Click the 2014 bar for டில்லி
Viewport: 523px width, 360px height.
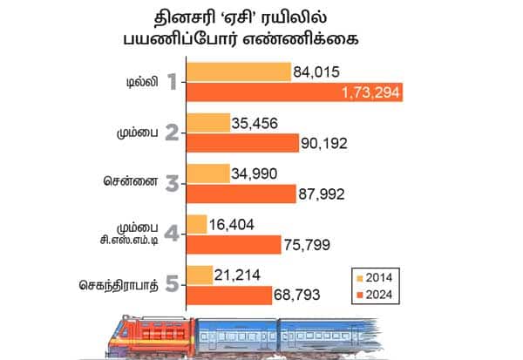[238, 71]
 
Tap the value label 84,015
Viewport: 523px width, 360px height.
[318, 71]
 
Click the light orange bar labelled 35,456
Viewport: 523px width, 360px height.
[207, 122]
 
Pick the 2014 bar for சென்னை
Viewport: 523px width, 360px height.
[207, 173]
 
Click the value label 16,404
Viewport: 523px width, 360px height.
[236, 224]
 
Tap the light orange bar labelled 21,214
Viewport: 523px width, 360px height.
[199, 275]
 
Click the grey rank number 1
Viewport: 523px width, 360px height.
[172, 83]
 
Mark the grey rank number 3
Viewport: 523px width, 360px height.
[172, 184]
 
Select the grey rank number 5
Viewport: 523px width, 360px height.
[172, 285]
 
